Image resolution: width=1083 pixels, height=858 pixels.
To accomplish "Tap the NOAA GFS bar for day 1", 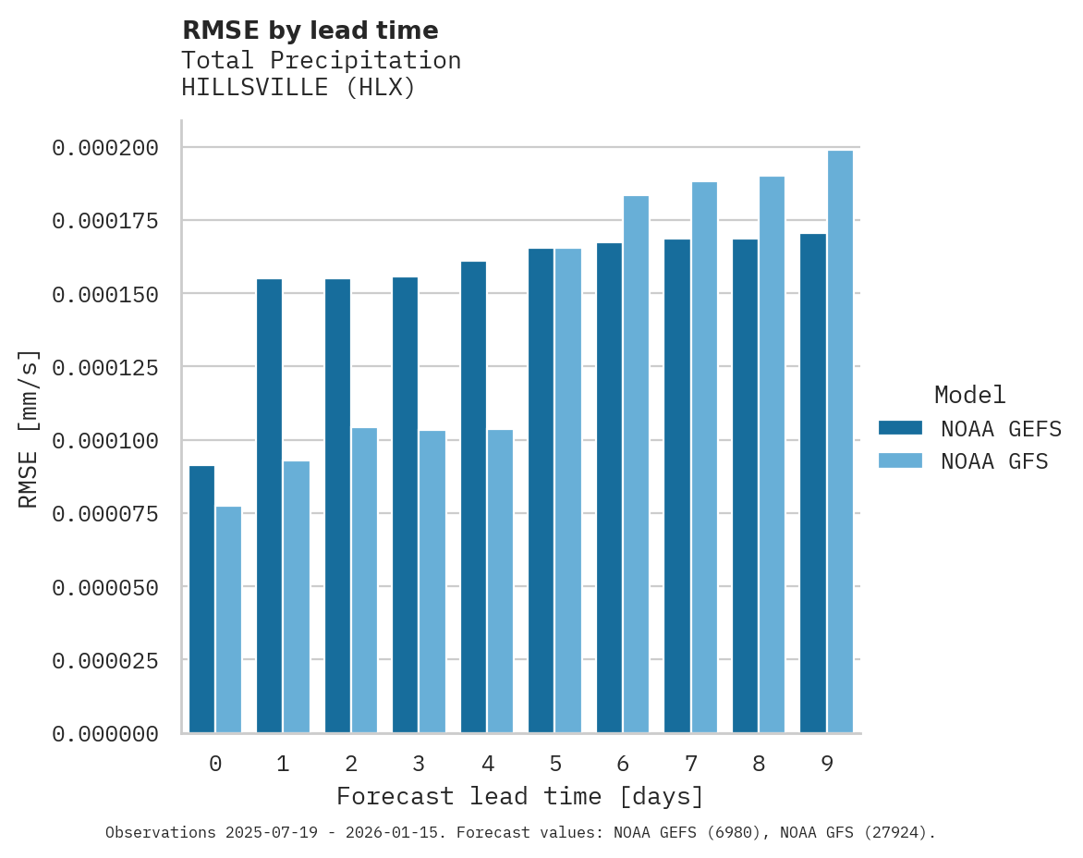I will [x=297, y=596].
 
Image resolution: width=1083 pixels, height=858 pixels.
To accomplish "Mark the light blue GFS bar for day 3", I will [x=432, y=582].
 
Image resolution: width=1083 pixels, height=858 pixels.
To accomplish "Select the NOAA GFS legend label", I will [x=994, y=460].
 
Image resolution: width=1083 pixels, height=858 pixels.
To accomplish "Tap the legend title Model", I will [x=969, y=395].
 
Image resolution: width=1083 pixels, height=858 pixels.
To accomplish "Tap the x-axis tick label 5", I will [x=555, y=764].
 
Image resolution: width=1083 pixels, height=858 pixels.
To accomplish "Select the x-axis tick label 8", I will [x=759, y=764].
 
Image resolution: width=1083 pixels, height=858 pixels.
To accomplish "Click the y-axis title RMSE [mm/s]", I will [x=29, y=428].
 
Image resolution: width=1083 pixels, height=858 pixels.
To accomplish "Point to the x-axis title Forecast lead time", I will [x=520, y=796].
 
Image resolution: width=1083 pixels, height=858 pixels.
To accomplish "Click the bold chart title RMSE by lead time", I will [x=310, y=31].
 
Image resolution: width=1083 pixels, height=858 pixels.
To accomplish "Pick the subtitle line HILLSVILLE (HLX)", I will [x=298, y=88].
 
